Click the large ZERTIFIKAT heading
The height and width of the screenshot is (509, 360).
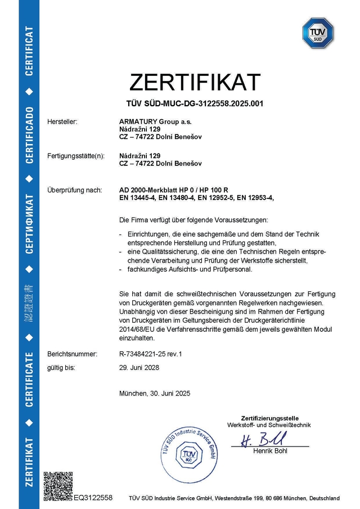[x=195, y=82]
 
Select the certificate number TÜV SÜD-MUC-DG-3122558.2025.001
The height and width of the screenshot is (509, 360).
[x=195, y=103]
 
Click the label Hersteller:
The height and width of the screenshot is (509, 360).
[x=62, y=121]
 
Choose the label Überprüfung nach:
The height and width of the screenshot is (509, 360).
[x=75, y=190]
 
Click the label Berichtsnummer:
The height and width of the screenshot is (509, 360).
[x=73, y=354]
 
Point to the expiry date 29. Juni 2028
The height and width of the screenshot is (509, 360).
[x=139, y=367]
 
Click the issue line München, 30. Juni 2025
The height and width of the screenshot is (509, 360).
[x=155, y=393]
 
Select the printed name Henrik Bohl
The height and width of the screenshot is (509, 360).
[x=270, y=451]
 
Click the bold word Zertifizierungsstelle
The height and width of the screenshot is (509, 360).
[x=268, y=418]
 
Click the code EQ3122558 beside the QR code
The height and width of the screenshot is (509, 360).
[x=93, y=498]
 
